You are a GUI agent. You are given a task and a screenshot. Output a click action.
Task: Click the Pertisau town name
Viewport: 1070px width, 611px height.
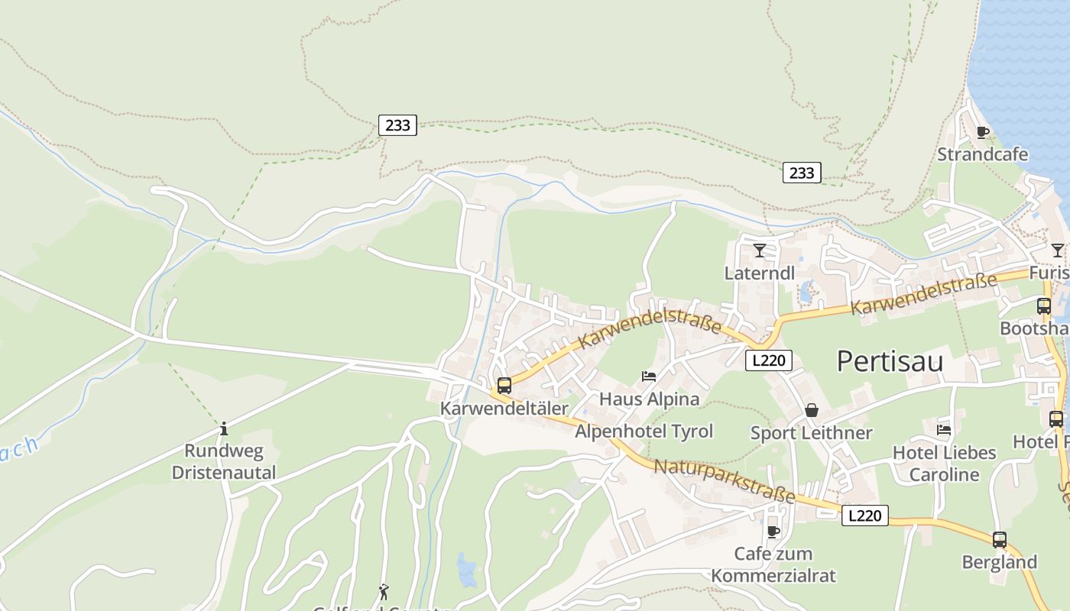coord(890,361)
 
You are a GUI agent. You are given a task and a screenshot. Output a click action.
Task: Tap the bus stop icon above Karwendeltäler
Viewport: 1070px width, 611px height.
coord(504,386)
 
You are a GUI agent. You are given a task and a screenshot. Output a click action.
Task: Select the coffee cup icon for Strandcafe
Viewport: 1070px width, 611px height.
coord(983,133)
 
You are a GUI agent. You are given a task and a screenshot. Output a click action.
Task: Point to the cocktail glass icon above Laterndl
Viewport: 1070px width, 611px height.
coord(759,251)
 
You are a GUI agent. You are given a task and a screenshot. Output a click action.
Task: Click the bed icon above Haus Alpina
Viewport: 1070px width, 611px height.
coord(649,377)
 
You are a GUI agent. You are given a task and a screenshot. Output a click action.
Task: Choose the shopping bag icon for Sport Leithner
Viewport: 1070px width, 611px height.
coord(812,411)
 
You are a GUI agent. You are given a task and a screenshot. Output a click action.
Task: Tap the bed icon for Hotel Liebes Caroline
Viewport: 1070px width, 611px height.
coord(944,430)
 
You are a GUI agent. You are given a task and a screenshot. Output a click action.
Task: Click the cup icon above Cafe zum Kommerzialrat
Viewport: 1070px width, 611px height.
coord(773,532)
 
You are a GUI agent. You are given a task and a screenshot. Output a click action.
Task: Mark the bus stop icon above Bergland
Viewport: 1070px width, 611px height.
coord(1000,540)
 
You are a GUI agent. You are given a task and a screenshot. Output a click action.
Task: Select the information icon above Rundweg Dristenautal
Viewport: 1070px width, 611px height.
coord(224,428)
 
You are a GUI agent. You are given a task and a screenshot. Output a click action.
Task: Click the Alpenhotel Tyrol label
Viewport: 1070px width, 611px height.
coord(644,432)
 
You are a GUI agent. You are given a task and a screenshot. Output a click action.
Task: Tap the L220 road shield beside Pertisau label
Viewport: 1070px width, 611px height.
coord(769,360)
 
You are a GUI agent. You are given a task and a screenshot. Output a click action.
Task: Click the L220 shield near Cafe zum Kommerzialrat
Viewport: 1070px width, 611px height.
coord(865,516)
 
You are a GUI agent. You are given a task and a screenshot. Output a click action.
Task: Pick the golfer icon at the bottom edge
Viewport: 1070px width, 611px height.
coord(384,592)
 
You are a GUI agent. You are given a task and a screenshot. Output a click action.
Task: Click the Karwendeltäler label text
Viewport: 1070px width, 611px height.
coord(504,409)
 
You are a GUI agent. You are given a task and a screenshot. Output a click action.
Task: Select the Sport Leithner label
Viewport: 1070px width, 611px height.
coord(811,433)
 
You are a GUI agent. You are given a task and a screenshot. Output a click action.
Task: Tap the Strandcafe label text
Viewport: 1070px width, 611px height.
coord(982,154)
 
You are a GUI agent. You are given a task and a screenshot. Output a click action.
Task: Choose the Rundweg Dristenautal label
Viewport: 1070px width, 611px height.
coord(223,461)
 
